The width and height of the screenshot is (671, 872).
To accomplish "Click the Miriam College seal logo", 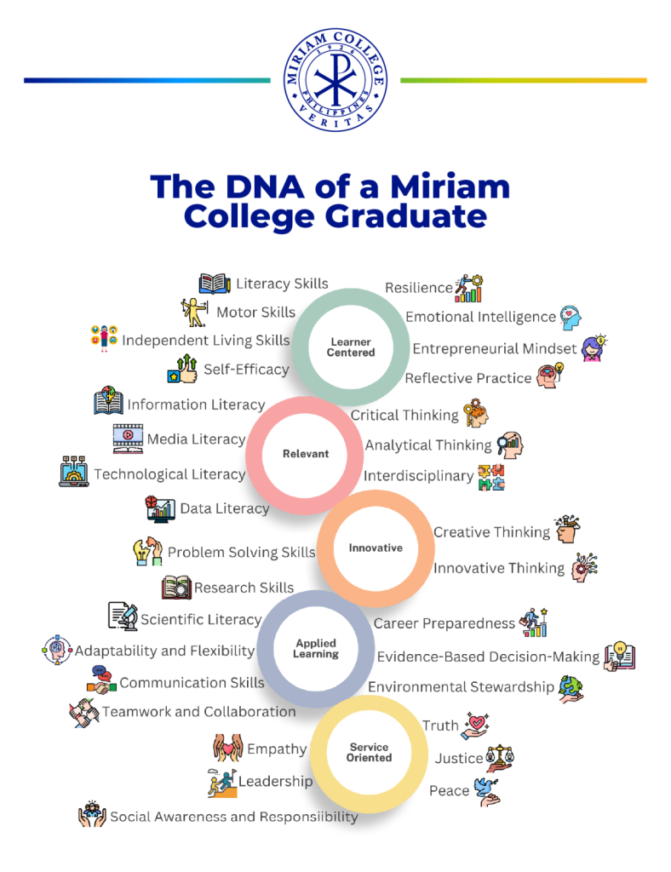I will [335, 83].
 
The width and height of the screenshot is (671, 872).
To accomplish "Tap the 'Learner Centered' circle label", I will [351, 347].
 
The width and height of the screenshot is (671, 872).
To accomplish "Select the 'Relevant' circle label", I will [306, 454].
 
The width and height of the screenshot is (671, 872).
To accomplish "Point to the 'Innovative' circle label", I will [376, 548].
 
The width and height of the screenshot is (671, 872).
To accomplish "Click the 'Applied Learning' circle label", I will [316, 649].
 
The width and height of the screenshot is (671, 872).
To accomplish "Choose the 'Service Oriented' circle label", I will [369, 752].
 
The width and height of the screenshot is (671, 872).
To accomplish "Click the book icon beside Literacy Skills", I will [215, 284].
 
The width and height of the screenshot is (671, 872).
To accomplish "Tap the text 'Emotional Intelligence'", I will [480, 317].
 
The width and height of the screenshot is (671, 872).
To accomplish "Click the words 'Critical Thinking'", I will [404, 415].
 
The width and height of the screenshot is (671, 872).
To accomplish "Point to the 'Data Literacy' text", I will [224, 508].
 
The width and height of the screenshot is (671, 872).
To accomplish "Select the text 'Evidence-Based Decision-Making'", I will [488, 657].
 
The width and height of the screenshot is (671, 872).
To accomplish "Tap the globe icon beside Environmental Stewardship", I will [571, 688].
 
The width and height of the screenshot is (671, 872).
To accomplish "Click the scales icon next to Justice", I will [500, 757].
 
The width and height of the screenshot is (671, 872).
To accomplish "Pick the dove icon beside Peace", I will [487, 790].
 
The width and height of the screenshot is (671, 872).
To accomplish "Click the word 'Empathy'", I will [277, 749].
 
